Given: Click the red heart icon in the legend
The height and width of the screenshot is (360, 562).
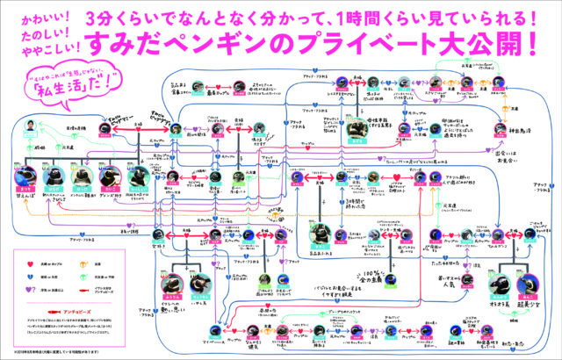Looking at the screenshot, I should pyautogui.click(x=26, y=258).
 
